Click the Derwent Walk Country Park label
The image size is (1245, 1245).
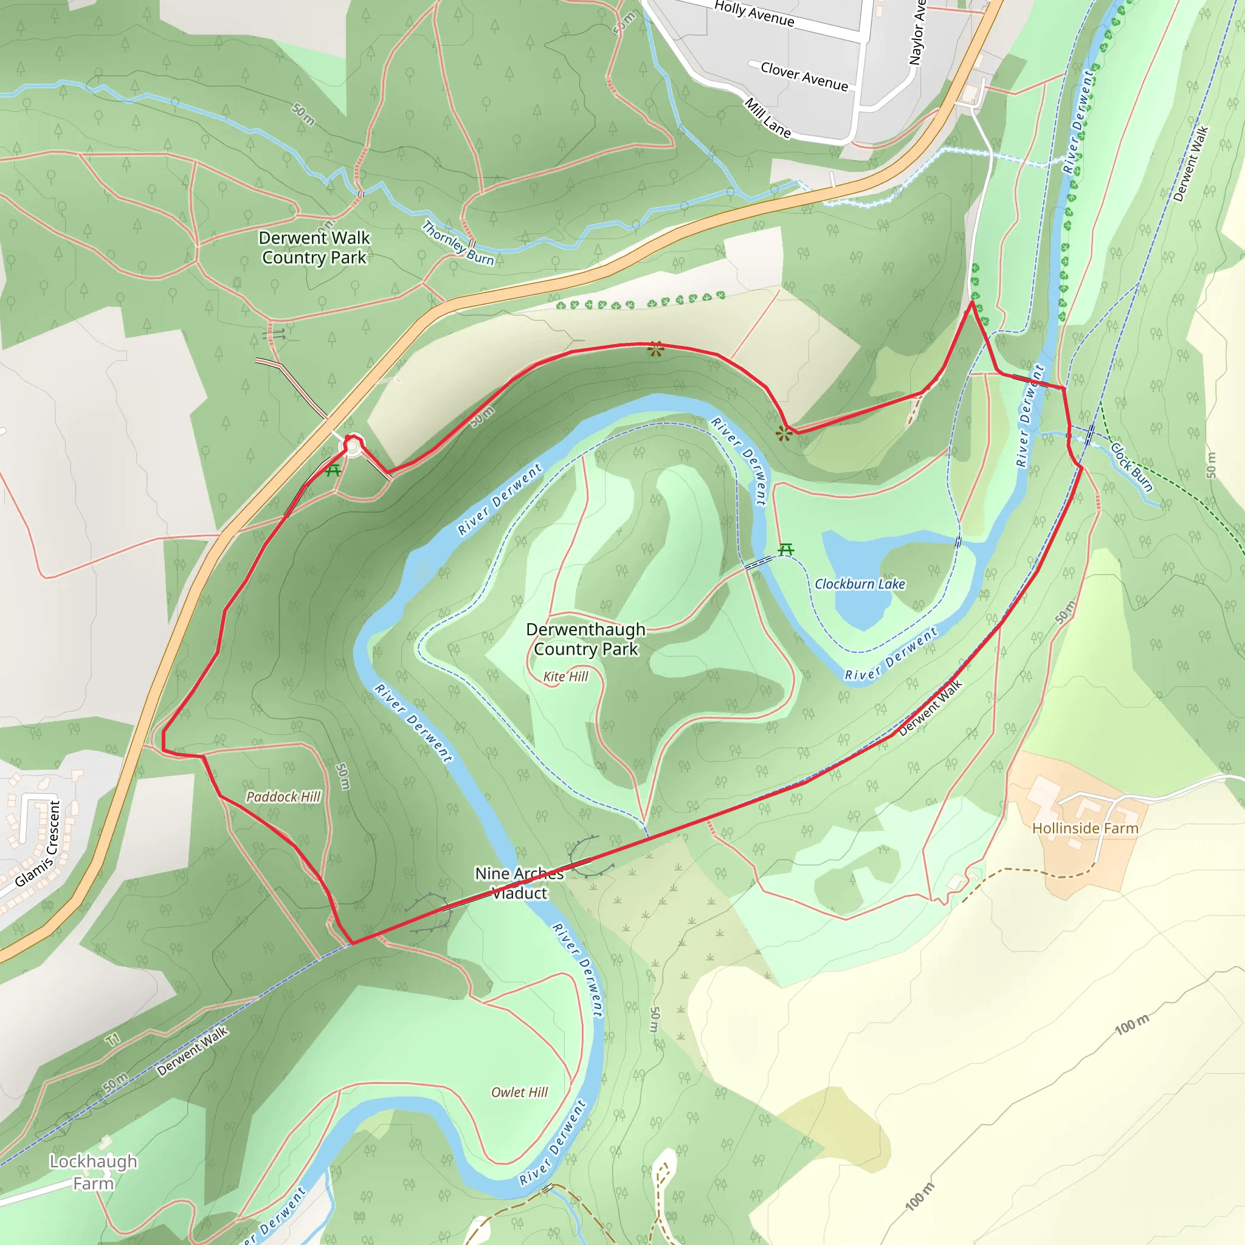click(x=314, y=247)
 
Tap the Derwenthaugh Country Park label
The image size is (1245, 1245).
click(x=585, y=639)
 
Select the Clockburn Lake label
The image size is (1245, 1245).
click(x=860, y=584)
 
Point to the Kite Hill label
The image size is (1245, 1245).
click(x=565, y=676)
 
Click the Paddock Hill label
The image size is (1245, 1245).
click(x=283, y=796)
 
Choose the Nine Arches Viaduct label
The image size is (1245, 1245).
click(x=519, y=883)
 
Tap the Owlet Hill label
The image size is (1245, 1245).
click(x=519, y=1092)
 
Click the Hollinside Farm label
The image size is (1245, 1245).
click(x=1085, y=828)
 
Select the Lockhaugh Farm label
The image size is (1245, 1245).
click(x=94, y=1172)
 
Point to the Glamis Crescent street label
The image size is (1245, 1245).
click(x=39, y=845)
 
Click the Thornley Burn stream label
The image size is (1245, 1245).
click(x=458, y=243)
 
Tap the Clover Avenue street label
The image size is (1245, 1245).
click(x=804, y=77)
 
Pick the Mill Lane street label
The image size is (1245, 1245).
click(x=768, y=118)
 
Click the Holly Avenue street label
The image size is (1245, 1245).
click(x=754, y=13)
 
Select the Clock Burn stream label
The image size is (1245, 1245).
click(x=1131, y=467)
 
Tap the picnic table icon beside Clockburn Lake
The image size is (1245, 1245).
click(x=785, y=550)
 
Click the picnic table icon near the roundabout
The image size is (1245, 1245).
click(x=333, y=471)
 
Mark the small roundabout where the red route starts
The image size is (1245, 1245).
click(x=353, y=445)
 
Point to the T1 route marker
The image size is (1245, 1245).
click(x=113, y=1040)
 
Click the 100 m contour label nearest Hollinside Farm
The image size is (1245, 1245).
click(x=1132, y=1024)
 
